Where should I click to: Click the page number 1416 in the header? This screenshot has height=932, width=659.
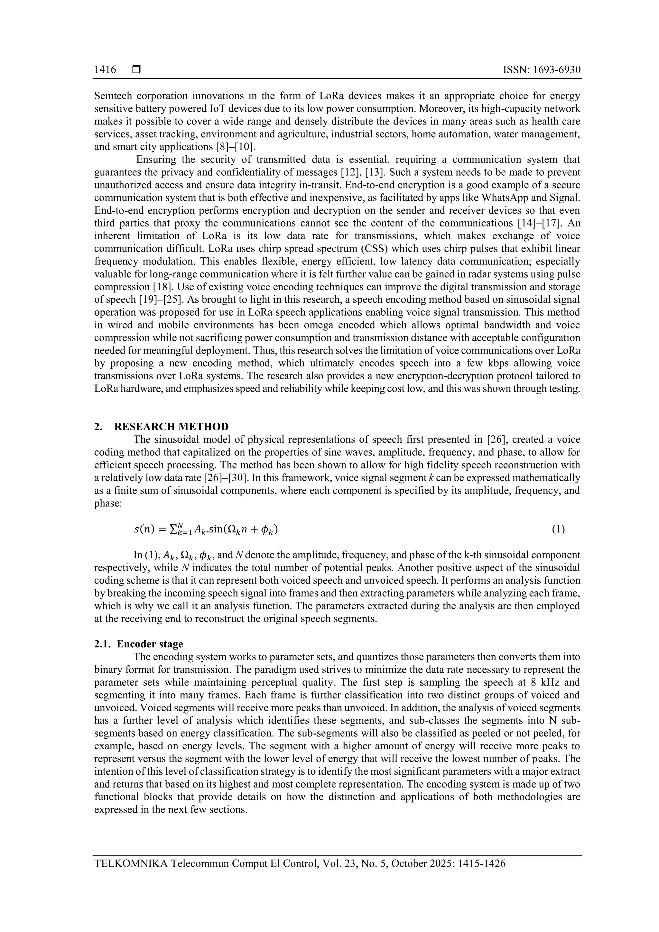pyautogui.click(x=105, y=70)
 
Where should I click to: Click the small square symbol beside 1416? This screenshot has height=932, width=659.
pyautogui.click(x=136, y=70)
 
